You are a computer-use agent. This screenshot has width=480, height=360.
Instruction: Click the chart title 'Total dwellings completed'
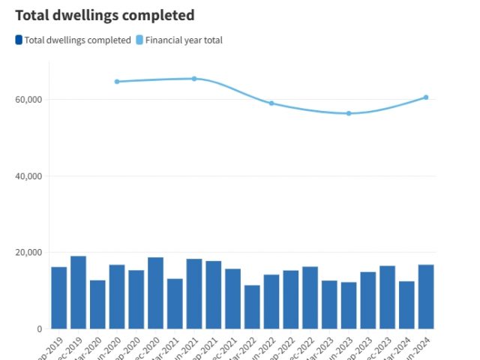[104, 15]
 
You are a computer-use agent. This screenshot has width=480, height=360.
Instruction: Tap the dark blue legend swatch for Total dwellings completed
[19, 40]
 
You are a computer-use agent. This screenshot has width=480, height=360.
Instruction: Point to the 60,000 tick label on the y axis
[28, 100]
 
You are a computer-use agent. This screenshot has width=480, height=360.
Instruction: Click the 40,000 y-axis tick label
[28, 176]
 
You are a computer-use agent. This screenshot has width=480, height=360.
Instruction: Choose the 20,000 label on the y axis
[28, 253]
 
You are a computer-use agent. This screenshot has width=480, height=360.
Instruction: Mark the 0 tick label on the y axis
[39, 329]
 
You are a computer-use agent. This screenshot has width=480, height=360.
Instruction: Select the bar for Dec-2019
[78, 292]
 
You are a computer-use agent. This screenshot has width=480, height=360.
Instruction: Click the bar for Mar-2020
[97, 304]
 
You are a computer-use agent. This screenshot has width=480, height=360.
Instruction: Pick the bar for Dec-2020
[155, 293]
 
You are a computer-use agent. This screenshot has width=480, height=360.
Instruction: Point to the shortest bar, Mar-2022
[252, 307]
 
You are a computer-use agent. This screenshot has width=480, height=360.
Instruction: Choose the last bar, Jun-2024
[426, 297]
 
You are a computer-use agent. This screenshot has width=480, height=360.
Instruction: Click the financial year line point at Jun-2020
[117, 82]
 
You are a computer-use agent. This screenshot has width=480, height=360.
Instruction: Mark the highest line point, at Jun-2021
[194, 79]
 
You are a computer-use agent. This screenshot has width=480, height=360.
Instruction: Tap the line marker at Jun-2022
[271, 103]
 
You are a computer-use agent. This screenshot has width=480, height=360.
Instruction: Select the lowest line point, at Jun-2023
[349, 113]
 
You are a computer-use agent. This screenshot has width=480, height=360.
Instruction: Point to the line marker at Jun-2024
[426, 97]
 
